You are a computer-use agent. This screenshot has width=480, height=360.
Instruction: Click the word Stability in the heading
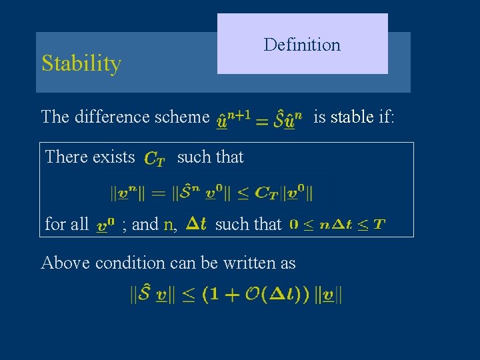coord(81,64)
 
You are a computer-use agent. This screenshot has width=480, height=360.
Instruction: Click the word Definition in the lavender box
coord(302,45)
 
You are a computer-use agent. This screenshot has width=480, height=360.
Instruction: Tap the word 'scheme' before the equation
coord(184,117)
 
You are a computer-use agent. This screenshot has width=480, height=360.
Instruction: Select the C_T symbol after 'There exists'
coord(155,159)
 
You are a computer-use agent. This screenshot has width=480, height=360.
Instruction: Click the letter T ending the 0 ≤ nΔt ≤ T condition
coord(379,224)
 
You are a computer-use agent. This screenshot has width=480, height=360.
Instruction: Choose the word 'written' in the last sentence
coord(231,263)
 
